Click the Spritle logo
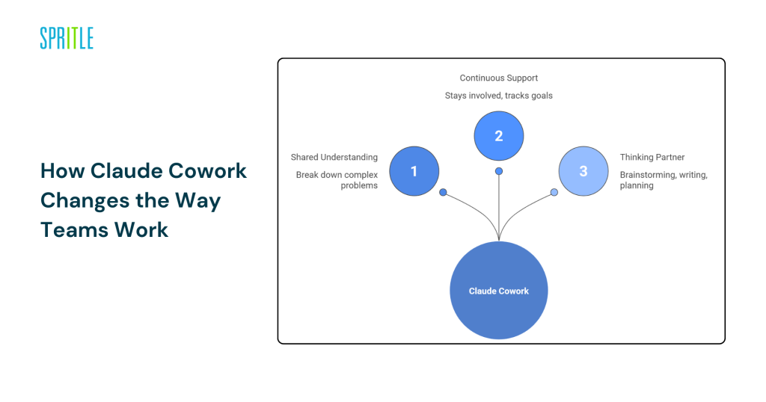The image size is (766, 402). click(x=67, y=38)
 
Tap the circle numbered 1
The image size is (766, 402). click(x=414, y=171)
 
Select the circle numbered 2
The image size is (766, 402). click(x=499, y=136)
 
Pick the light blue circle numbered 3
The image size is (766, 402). click(x=583, y=171)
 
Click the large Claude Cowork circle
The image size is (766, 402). click(x=499, y=291)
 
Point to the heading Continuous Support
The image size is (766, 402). click(x=499, y=78)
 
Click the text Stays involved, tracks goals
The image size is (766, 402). click(x=499, y=96)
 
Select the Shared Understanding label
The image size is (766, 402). click(x=334, y=157)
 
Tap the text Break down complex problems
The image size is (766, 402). click(x=337, y=180)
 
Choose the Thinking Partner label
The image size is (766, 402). click(x=653, y=157)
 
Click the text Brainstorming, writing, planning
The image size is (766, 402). click(x=664, y=180)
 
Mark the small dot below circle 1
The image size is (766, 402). click(x=443, y=193)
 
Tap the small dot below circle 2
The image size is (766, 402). click(x=499, y=171)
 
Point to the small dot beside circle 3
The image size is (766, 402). click(x=554, y=193)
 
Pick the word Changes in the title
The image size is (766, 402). click(x=79, y=201)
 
